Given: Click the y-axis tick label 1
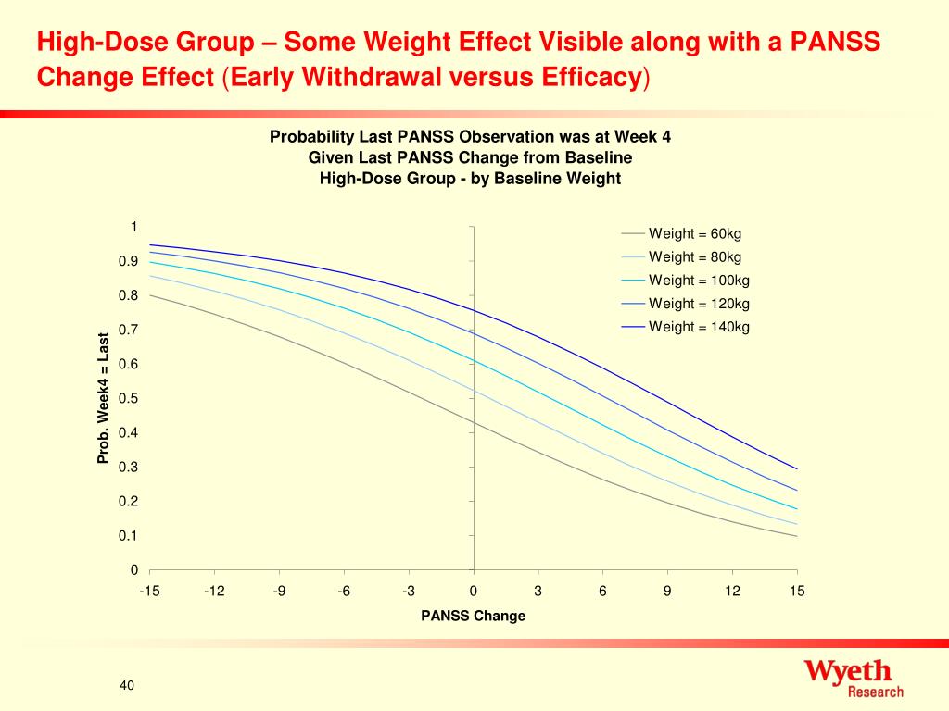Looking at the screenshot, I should [133, 227].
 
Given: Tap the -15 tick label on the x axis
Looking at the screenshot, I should [149, 591].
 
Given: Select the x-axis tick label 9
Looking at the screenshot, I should [667, 591].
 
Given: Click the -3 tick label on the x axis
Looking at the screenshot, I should [409, 591].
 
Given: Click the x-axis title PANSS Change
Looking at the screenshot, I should [473, 616].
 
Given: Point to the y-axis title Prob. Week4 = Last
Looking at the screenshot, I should [104, 397].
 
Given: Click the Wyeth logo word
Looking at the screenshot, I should [847, 671].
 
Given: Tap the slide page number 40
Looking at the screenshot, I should [127, 685].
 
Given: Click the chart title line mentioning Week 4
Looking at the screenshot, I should [470, 137].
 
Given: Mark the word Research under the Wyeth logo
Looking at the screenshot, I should [876, 692].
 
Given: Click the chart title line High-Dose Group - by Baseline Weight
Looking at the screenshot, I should [470, 178].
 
